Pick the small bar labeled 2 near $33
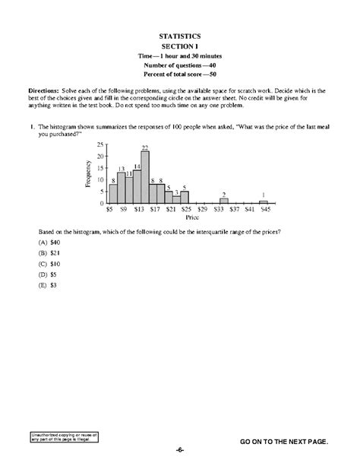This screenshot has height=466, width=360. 223,201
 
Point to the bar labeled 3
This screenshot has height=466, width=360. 176,199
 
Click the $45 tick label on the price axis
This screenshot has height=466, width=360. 264,208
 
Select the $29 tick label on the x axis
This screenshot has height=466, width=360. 202,208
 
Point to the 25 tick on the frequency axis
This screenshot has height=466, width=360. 99,144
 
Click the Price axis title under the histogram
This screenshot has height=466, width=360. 187,217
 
